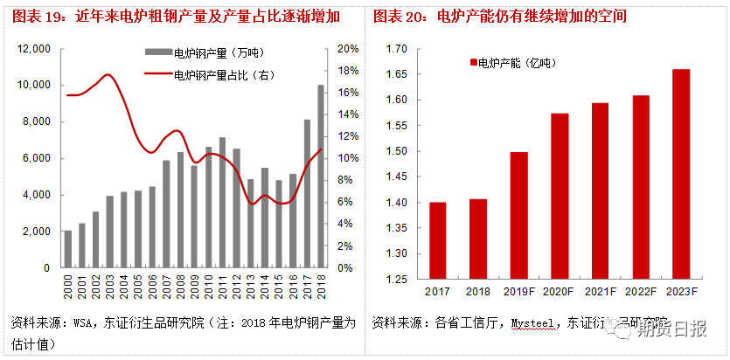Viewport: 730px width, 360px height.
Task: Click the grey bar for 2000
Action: (x=68, y=249)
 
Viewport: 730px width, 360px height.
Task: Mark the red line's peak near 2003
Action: (x=108, y=75)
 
